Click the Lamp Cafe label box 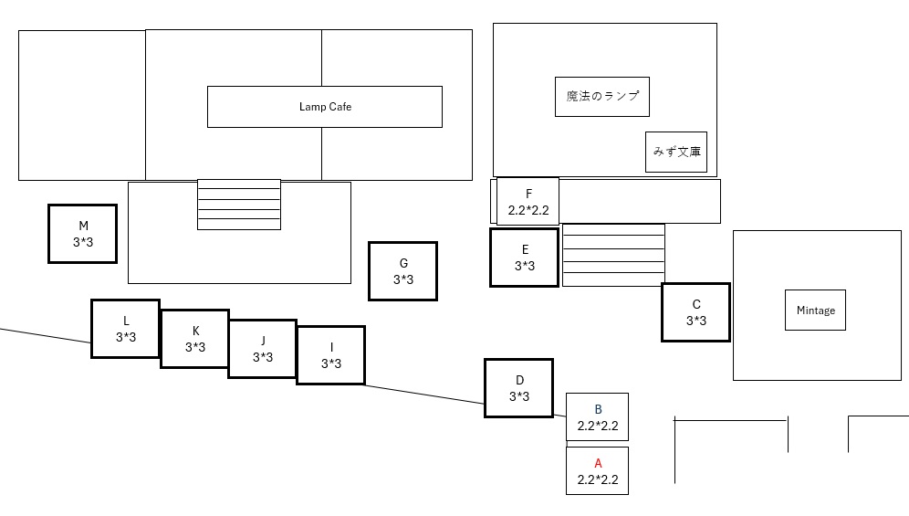[x=325, y=107]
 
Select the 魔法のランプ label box [x=602, y=97]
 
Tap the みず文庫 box [x=676, y=152]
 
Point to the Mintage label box [x=815, y=311]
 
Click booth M [x=83, y=234]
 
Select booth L [x=125, y=329]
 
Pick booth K [x=194, y=339]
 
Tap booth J [x=262, y=349]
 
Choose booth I [x=330, y=355]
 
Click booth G [x=402, y=271]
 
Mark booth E [x=524, y=258]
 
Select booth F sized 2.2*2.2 [x=528, y=202]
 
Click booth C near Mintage [x=695, y=312]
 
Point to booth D [x=518, y=388]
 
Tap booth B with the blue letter [x=597, y=416]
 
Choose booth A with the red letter [x=597, y=470]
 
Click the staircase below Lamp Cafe [x=239, y=205]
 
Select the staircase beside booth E [x=613, y=255]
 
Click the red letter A [x=598, y=463]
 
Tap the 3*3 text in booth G [x=402, y=279]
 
